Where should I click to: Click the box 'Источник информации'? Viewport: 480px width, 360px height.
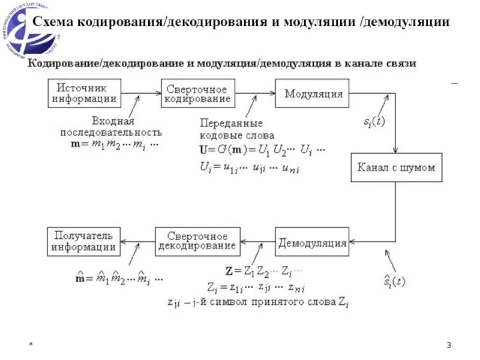(x=83, y=94)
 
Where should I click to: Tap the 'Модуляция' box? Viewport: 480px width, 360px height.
(x=313, y=94)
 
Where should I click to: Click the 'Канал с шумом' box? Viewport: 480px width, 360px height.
(x=396, y=167)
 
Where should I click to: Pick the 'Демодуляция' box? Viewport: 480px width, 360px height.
(x=312, y=242)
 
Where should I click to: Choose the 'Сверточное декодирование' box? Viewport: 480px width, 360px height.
(x=197, y=242)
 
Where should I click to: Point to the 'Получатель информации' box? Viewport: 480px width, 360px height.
(x=83, y=242)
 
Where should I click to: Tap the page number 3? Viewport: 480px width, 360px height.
(x=449, y=345)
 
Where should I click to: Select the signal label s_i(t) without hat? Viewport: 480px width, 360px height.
(x=374, y=121)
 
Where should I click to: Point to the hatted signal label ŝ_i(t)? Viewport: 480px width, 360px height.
(x=394, y=280)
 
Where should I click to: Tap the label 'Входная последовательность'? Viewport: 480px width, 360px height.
(x=113, y=127)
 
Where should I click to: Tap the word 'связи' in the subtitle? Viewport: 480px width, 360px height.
(x=399, y=63)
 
